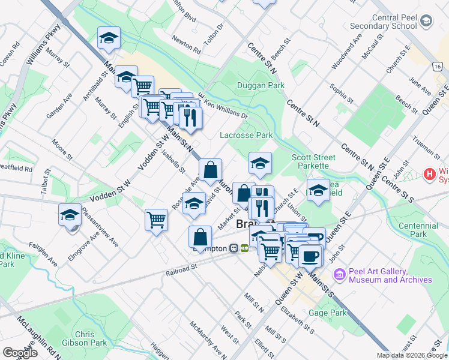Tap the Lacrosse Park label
247,136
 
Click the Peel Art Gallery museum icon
339,274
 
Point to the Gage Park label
328,313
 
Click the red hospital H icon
429,175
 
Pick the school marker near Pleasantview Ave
70,214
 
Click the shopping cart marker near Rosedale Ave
156,220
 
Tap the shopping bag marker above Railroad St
200,238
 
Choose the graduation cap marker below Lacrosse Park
260,163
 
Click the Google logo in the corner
20,353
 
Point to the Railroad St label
181,270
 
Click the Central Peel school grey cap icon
426,22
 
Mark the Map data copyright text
411,355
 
